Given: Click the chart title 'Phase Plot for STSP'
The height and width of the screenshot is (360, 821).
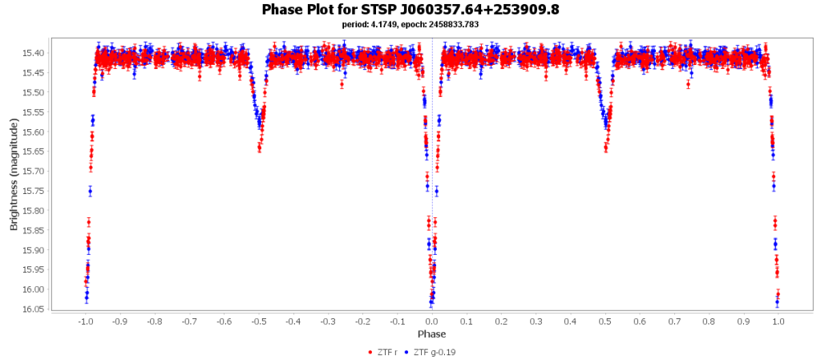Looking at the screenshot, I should (x=410, y=10).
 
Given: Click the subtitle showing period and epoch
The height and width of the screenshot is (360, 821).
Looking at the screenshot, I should (x=410, y=25).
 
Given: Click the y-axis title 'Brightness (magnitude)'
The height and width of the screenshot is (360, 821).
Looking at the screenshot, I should (x=14, y=174).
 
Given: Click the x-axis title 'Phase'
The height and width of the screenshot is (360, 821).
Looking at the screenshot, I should (x=431, y=334).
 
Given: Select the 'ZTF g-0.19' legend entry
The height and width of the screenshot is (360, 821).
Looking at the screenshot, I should (x=432, y=352).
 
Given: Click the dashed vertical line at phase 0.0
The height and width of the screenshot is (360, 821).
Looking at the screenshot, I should (x=432, y=200).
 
